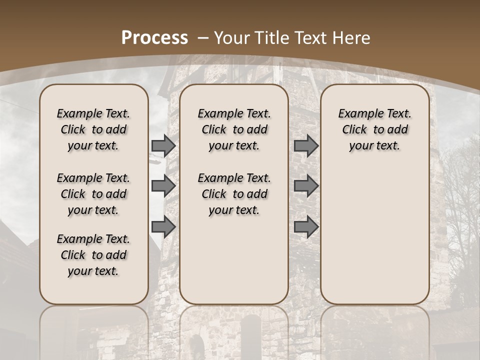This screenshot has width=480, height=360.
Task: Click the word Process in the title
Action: pos(154,37)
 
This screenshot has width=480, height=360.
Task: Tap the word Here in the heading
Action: pos(352,38)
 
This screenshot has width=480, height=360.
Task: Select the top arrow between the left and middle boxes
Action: pos(163,146)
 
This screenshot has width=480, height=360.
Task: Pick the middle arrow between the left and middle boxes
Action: pos(163,186)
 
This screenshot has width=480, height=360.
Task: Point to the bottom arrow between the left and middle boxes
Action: pos(163,226)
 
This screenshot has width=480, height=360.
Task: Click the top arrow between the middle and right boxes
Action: pos(306,145)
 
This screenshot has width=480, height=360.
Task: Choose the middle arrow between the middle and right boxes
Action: pos(306,186)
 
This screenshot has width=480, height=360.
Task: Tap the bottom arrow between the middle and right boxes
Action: pos(306,226)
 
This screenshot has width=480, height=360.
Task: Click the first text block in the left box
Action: pos(93,129)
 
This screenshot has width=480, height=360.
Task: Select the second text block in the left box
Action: pos(93,194)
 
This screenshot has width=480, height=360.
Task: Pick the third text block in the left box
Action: pos(93,255)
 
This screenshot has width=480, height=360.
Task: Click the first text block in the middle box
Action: pos(234,129)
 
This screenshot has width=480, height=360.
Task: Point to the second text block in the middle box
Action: pos(234,194)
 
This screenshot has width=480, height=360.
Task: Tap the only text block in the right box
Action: pos(375,129)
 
